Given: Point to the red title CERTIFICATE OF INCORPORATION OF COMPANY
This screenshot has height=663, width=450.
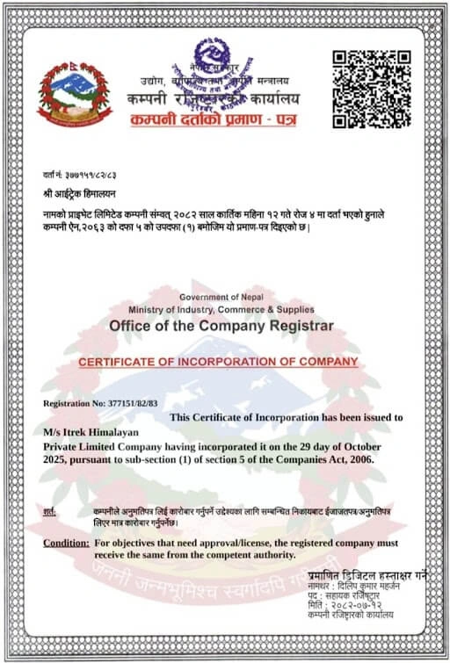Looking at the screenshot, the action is (x=219, y=362).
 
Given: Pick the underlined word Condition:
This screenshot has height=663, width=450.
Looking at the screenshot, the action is (x=65, y=544).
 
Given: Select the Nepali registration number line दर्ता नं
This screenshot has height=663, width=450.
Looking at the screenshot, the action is (x=79, y=175).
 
